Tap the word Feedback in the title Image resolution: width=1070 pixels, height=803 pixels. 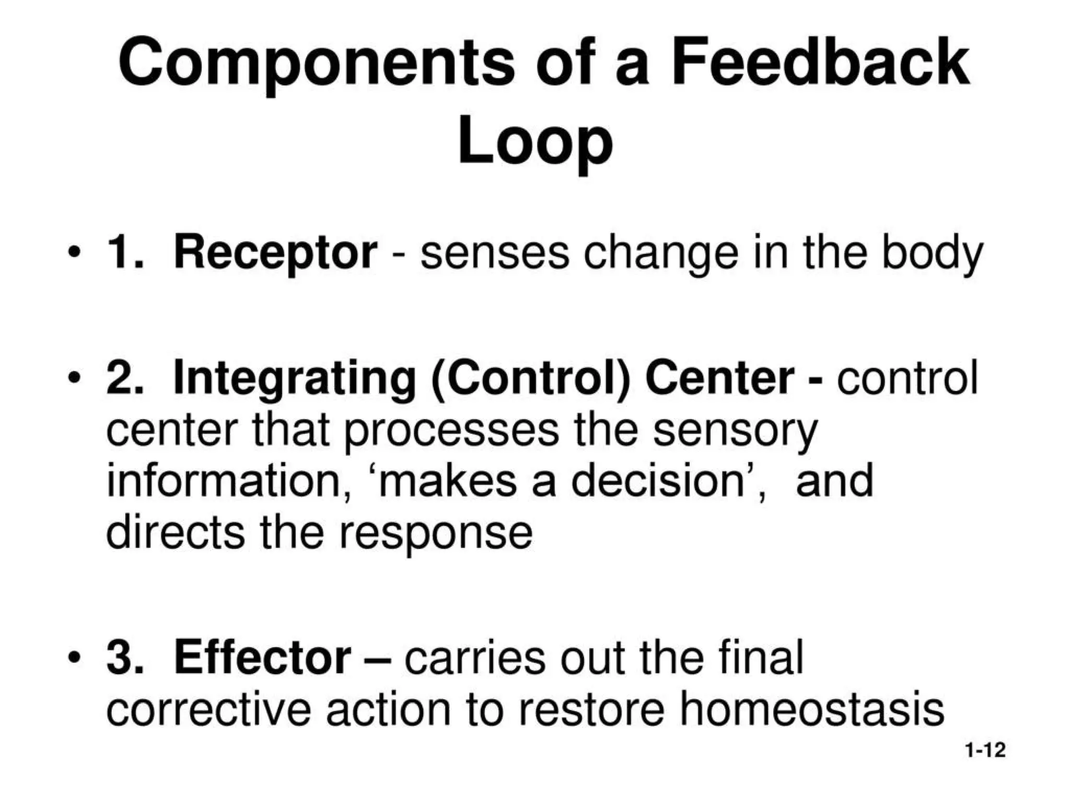coord(820,63)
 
